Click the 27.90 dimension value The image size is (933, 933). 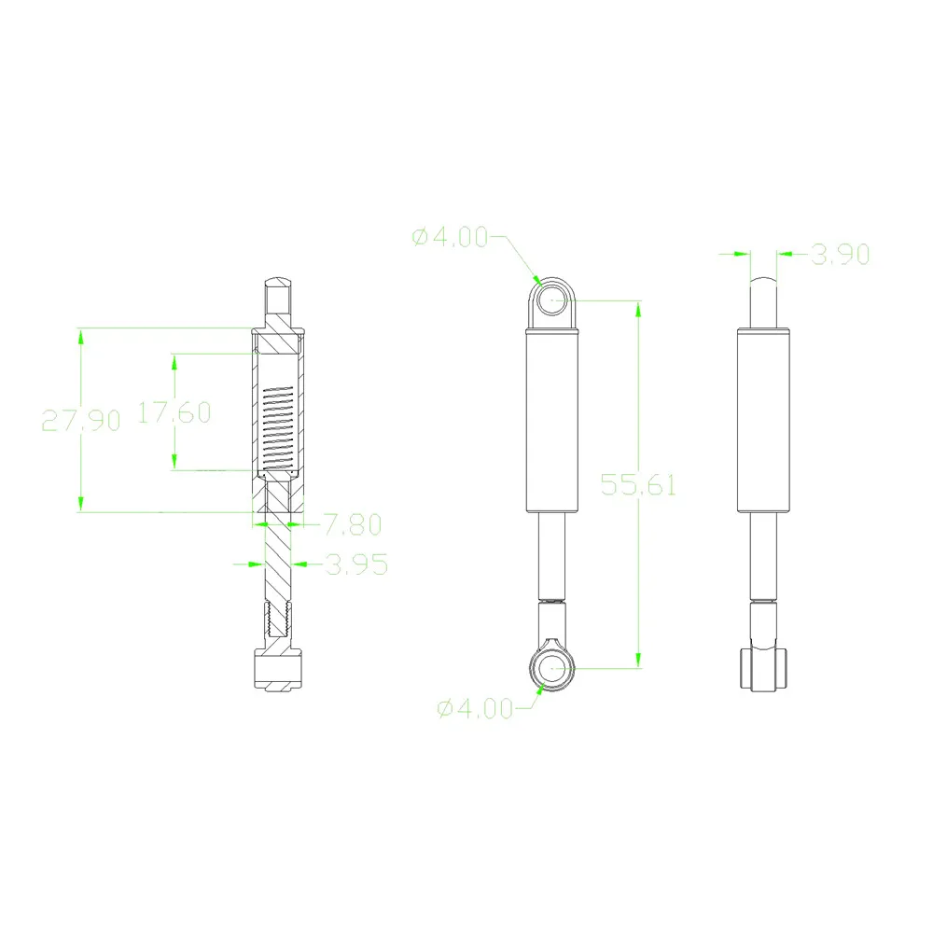[81, 421]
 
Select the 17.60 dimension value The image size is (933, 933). [174, 412]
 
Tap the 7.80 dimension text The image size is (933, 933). [353, 524]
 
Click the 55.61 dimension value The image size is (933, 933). [638, 485]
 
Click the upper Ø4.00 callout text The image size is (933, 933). [450, 237]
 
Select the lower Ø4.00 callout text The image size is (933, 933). [475, 708]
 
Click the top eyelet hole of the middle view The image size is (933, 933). [552, 300]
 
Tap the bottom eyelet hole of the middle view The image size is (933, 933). [552, 668]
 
